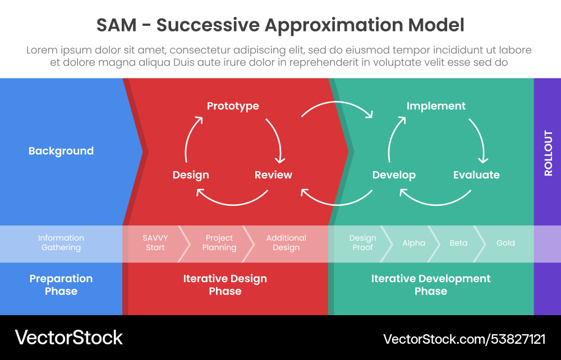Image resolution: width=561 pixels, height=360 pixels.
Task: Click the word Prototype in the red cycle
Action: (233, 106)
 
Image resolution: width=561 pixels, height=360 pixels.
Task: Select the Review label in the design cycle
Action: (273, 175)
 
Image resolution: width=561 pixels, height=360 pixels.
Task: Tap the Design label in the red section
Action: (191, 175)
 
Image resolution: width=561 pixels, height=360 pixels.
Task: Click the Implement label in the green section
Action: (436, 106)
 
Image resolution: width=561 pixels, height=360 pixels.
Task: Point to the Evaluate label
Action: (476, 175)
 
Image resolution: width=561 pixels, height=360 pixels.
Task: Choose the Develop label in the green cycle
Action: (394, 175)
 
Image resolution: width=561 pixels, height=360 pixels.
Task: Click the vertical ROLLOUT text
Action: (548, 153)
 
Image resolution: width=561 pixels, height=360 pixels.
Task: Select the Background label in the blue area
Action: (61, 151)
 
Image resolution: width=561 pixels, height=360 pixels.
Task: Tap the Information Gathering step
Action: (61, 243)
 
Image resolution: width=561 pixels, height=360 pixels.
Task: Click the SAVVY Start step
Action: (155, 243)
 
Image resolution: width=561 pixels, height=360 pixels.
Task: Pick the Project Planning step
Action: (219, 243)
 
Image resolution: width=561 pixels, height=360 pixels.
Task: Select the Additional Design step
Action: (286, 243)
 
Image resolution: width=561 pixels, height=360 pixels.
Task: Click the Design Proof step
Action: (362, 243)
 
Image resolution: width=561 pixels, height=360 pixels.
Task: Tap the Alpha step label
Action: (413, 243)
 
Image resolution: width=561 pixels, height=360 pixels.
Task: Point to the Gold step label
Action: (505, 243)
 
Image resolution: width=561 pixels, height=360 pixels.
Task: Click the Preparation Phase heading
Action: (61, 285)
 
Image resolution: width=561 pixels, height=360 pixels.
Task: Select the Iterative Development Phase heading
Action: (431, 285)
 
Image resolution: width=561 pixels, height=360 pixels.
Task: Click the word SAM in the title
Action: (117, 25)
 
